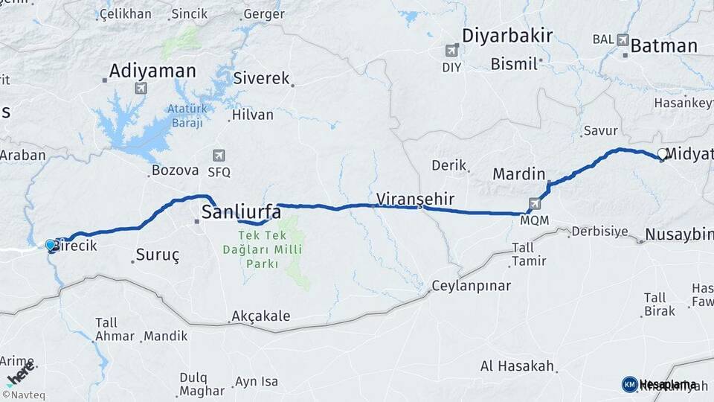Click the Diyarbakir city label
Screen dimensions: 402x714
(506, 36)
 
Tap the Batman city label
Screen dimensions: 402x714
(663, 46)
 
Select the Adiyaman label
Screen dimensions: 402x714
(152, 71)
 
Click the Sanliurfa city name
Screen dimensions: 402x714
(241, 213)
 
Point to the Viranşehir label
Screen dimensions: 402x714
(414, 199)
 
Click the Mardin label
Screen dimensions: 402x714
(518, 174)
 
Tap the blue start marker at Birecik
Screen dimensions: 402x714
(50, 244)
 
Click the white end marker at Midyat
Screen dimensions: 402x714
(662, 153)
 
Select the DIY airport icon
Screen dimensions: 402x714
(451, 51)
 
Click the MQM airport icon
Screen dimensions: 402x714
(535, 202)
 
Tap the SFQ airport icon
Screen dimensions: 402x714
(219, 156)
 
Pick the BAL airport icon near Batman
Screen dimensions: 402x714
(623, 39)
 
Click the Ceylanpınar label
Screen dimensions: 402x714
(472, 286)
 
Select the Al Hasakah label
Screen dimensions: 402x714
(518, 366)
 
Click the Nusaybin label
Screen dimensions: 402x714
(678, 234)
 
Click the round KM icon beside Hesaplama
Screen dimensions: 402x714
(629, 384)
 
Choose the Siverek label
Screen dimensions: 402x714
(261, 78)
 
